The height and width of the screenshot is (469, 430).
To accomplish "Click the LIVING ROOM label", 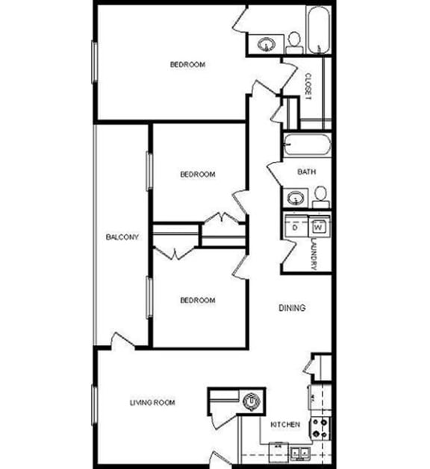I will pyautogui.click(x=152, y=403).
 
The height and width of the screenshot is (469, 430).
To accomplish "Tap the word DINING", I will pyautogui.click(x=293, y=308).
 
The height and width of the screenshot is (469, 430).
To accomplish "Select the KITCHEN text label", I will pyautogui.click(x=285, y=424).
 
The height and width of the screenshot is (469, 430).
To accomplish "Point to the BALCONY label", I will pyautogui.click(x=122, y=237).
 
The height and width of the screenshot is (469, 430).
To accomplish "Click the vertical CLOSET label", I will pyautogui.click(x=308, y=87).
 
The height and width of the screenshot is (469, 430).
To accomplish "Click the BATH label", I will pyautogui.click(x=307, y=171).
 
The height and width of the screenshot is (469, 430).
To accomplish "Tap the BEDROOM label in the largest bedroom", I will pyautogui.click(x=187, y=65).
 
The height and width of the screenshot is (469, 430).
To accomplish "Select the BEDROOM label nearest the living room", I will pyautogui.click(x=198, y=300).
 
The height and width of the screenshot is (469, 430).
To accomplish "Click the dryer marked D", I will pyautogui.click(x=296, y=227).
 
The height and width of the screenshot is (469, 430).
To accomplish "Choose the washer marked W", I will pyautogui.click(x=319, y=227).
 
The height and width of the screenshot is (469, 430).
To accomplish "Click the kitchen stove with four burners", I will pyautogui.click(x=321, y=426).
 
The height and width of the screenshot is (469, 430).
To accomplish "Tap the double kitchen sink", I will pyautogui.click(x=301, y=451).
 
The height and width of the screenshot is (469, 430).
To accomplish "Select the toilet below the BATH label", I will pyautogui.click(x=320, y=196).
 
